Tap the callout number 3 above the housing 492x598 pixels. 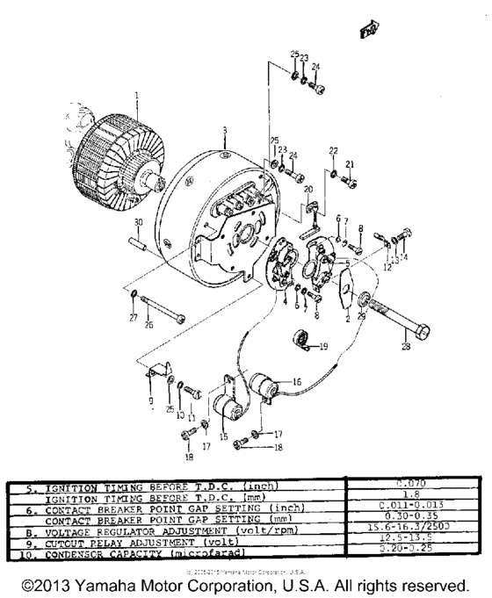[224, 130]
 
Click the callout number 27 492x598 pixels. [133, 317]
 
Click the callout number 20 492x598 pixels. [307, 189]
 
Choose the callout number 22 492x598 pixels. [333, 151]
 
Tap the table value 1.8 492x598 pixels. [411, 494]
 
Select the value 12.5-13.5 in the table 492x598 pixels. [411, 535]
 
